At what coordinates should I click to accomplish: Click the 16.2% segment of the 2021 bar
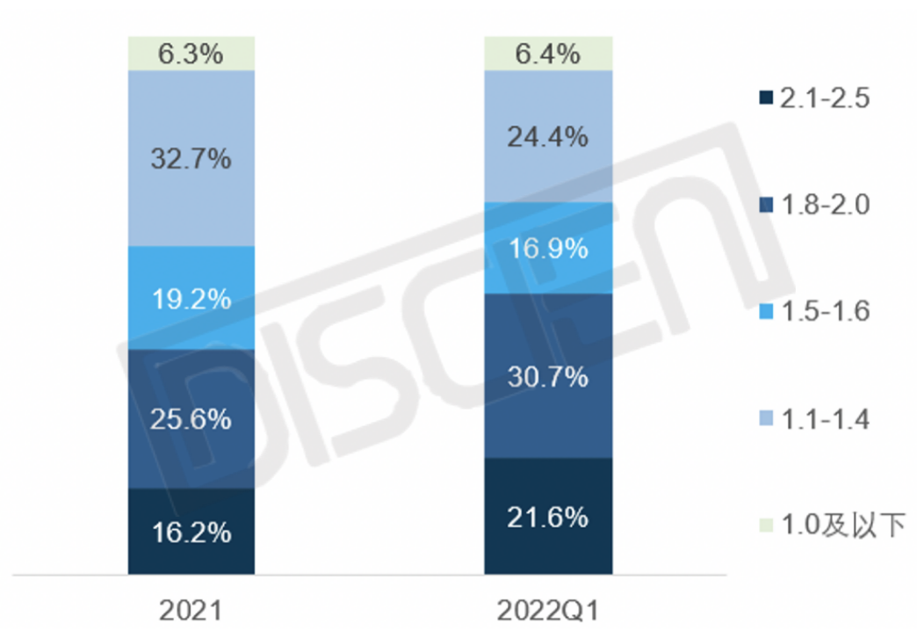(191, 532)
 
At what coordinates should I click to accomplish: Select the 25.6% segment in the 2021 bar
(191, 418)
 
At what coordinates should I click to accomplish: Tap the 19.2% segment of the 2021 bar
(191, 298)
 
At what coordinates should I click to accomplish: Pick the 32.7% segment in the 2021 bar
(191, 158)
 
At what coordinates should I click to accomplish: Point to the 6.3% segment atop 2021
(191, 54)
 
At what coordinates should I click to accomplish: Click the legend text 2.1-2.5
(824, 98)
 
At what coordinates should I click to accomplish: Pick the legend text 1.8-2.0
(824, 205)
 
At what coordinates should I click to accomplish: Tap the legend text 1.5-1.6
(824, 312)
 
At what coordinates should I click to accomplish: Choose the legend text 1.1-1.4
(824, 419)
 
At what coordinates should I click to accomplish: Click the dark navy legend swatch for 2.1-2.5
(765, 98)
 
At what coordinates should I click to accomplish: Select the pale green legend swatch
(765, 526)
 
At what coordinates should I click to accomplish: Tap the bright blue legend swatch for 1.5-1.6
(765, 312)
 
